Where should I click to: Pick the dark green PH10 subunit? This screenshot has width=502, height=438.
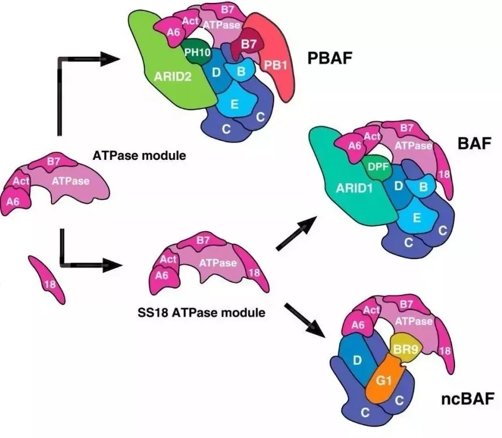click(x=197, y=52)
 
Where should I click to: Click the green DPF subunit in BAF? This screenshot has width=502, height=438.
click(x=376, y=168)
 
